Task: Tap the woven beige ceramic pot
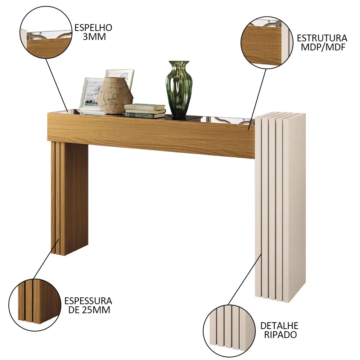pyautogui.click(x=114, y=96)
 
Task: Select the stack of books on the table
pyautogui.click(x=145, y=111)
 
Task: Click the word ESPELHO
pyautogui.click(x=93, y=28)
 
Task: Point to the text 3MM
pyautogui.click(x=94, y=37)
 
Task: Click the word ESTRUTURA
pyautogui.click(x=322, y=38)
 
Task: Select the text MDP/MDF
pyautogui.click(x=323, y=47)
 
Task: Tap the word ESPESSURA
pyautogui.click(x=88, y=301)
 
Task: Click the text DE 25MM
pyautogui.click(x=89, y=310)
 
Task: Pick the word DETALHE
pyautogui.click(x=279, y=326)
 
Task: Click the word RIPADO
pyautogui.click(x=280, y=335)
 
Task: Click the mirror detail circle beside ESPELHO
pyautogui.click(x=46, y=32)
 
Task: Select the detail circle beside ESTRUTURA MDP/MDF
pyautogui.click(x=267, y=42)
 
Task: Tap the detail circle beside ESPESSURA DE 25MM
pyautogui.click(x=35, y=305)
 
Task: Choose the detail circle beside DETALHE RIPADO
pyautogui.click(x=229, y=331)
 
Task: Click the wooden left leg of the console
pyautogui.click(x=69, y=198)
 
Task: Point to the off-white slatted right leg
pyautogui.click(x=280, y=207)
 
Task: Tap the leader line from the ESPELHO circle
pyautogui.click(x=57, y=85)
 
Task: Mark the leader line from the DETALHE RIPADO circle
pyautogui.click(x=245, y=279)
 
